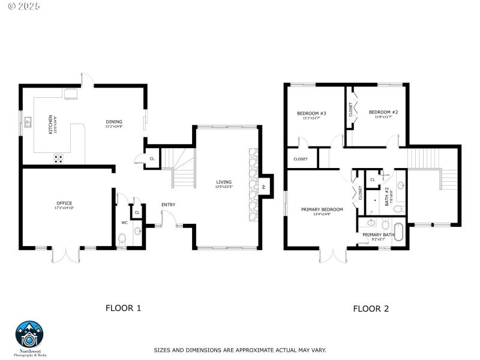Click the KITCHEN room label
point(51,124)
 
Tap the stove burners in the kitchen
point(59,158)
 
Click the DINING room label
point(114,122)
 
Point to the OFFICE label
point(64,203)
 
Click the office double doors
point(66,254)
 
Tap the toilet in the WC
point(123,238)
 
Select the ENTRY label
point(168,205)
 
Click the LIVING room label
point(224,182)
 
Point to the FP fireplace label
point(263,187)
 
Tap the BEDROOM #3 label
point(311,113)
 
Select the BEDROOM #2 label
point(383,112)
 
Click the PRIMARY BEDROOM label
point(322,209)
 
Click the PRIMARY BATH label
point(378,235)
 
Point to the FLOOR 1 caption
point(123,308)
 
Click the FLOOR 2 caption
point(371,309)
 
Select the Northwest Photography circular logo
point(30,336)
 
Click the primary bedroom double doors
point(334,255)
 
